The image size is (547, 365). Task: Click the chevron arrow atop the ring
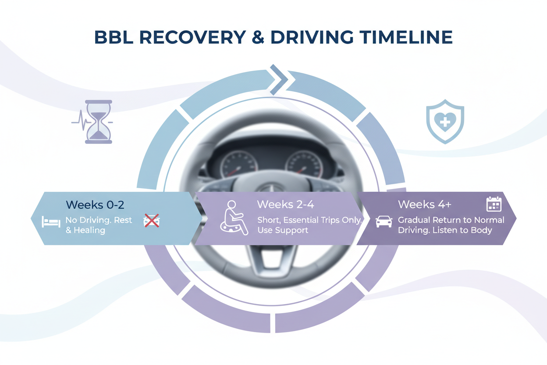point(278,79)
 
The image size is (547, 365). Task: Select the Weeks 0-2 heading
point(92,204)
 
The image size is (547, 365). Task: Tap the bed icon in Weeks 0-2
point(51,221)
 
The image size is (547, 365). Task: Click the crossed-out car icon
point(152,221)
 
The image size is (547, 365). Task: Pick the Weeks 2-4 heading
point(285,204)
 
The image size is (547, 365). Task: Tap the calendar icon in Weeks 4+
point(494,204)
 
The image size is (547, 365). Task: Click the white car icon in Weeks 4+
point(384,221)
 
